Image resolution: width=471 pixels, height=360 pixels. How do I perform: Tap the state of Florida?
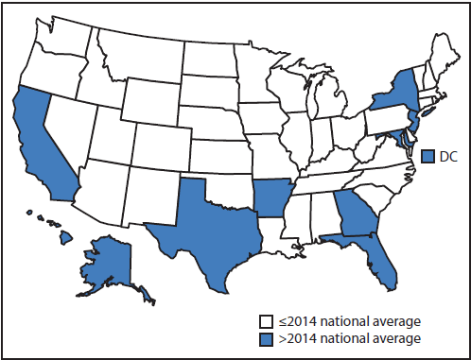[x=382, y=259]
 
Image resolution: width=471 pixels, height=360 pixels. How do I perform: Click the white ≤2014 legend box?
[x=268, y=321]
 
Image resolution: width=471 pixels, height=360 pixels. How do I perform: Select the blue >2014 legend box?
[x=268, y=337]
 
